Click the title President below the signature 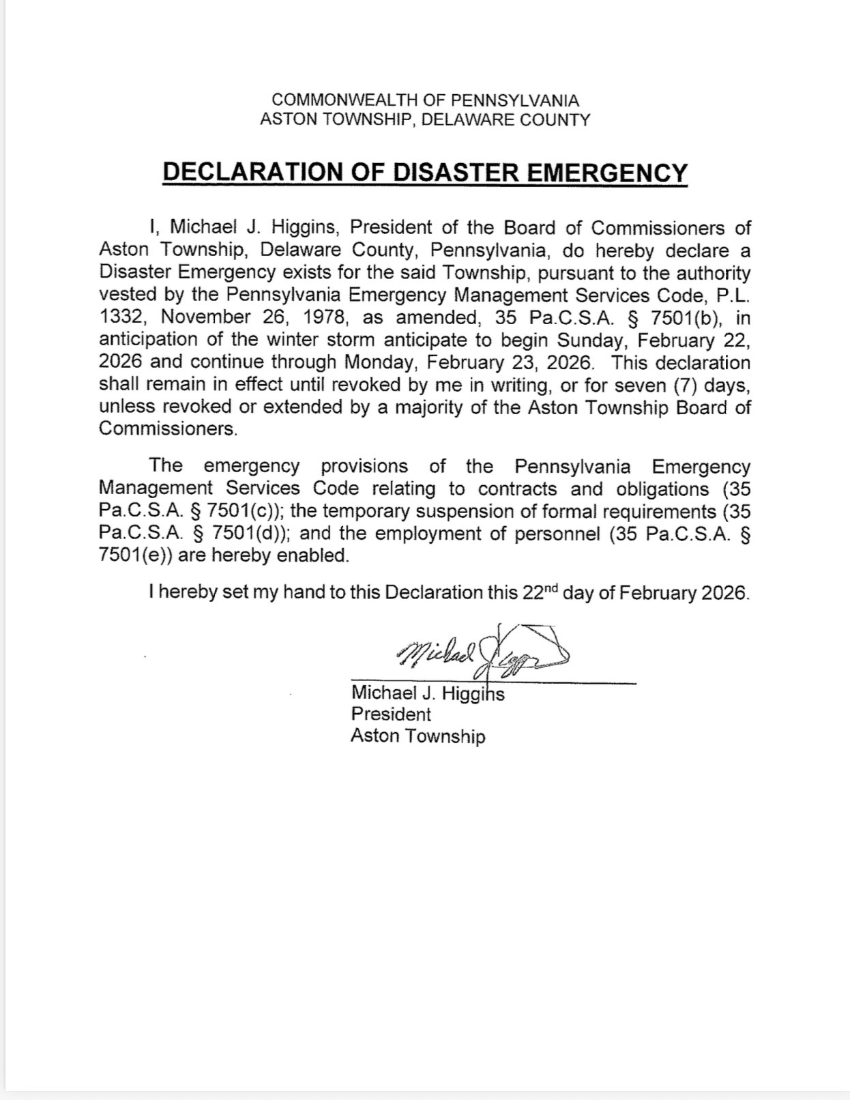point(391,714)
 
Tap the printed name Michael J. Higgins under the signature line point(428,693)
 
